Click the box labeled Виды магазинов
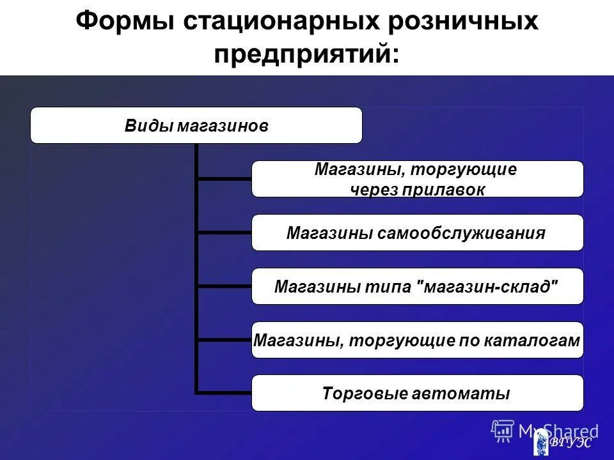coord(196,125)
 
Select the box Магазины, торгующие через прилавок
coord(417,179)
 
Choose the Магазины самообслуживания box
coord(417,233)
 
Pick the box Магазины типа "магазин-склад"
coord(417,286)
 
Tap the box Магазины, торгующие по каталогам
coord(417,340)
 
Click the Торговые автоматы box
coord(417,393)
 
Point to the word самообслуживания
coord(461,233)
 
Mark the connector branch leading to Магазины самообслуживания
coord(224,233)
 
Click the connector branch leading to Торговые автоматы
coord(224,392)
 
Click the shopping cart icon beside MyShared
coord(502,431)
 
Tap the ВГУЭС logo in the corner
coord(563,442)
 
